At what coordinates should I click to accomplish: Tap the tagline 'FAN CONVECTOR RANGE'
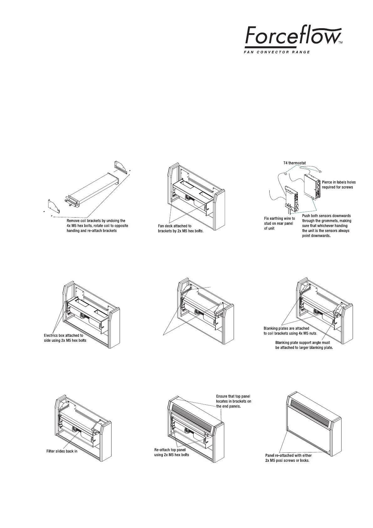click(277, 52)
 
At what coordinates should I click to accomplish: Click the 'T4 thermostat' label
click(292, 163)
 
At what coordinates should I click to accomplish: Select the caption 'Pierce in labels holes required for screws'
click(339, 184)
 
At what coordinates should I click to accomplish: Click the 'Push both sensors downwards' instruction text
click(326, 226)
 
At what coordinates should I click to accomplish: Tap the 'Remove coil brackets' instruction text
click(97, 226)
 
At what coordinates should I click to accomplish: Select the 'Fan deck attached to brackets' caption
click(180, 228)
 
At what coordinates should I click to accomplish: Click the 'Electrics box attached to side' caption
click(65, 338)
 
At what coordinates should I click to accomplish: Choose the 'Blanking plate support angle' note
click(303, 345)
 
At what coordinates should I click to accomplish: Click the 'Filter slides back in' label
click(62, 451)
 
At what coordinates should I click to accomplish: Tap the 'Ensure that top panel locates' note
click(234, 401)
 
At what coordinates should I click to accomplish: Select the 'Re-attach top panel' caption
click(172, 452)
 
